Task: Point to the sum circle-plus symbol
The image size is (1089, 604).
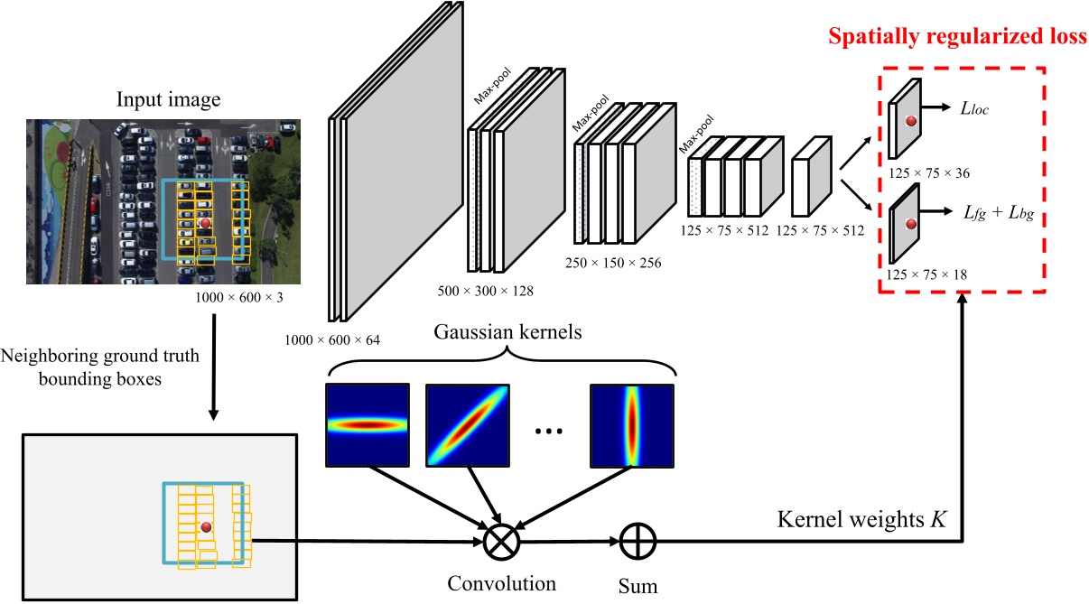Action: coord(638,542)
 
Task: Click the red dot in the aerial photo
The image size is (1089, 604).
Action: coord(205,222)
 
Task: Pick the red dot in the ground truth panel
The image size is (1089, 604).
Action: coord(206,527)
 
